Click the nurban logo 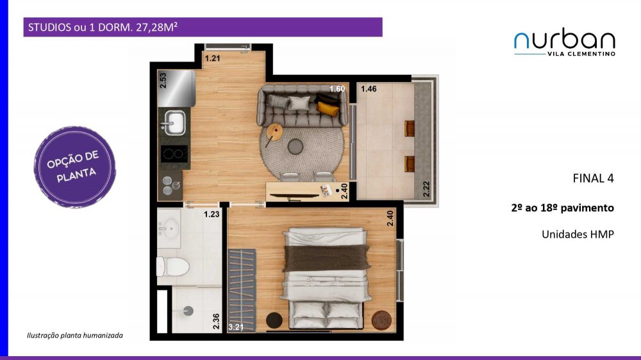(x=565, y=42)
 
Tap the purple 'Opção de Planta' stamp (x=75, y=167)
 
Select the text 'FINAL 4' (x=593, y=179)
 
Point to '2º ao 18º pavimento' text (x=563, y=208)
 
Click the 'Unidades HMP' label (x=578, y=234)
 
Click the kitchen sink (x=174, y=123)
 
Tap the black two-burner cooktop (x=174, y=154)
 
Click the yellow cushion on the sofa (x=328, y=108)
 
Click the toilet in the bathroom (x=173, y=266)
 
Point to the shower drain (x=188, y=311)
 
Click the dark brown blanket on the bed (x=327, y=258)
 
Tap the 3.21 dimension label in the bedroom (x=236, y=327)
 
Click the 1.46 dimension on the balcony (x=369, y=88)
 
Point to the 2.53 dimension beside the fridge (x=163, y=81)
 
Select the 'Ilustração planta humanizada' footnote (x=75, y=336)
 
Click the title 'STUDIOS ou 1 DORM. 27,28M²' (x=103, y=28)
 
